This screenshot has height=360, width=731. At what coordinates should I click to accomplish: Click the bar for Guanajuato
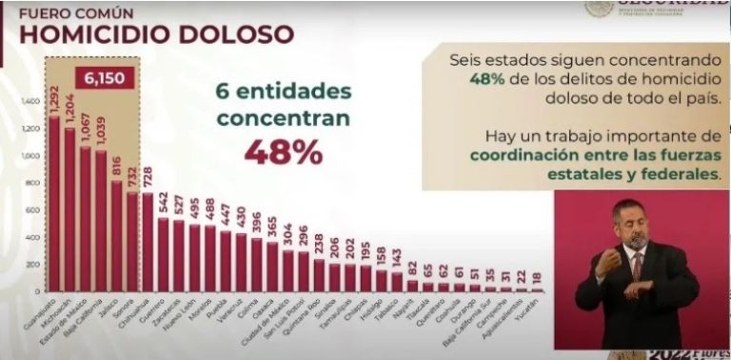(x=53, y=200)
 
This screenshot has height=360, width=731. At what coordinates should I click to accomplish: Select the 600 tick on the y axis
(x=33, y=209)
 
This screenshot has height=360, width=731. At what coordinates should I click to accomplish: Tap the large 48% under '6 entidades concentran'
(x=283, y=151)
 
